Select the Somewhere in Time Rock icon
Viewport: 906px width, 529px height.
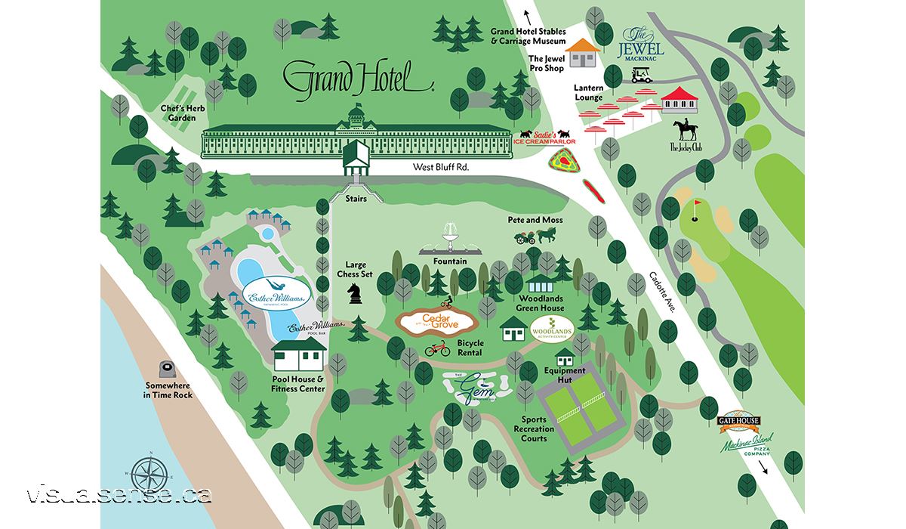pyautogui.click(x=167, y=370)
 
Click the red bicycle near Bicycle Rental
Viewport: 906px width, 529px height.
pyautogui.click(x=437, y=348)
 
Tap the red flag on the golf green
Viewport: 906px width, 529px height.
pyautogui.click(x=697, y=206)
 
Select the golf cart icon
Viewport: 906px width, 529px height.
pyautogui.click(x=642, y=74)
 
